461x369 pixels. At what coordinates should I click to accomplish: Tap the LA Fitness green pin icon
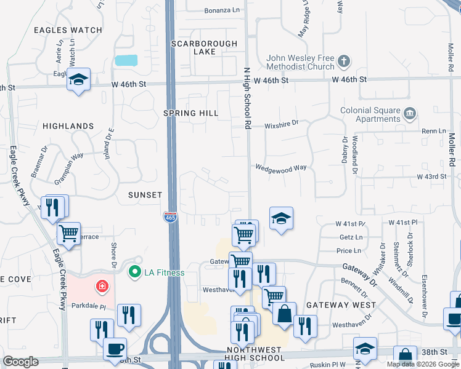tap(134, 271)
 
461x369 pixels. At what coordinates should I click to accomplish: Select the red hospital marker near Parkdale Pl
tap(101, 286)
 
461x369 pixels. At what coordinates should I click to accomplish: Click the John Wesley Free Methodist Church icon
tap(343, 61)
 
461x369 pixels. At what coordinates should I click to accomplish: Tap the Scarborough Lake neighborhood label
tap(203, 47)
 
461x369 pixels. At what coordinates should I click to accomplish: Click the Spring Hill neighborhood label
tap(191, 113)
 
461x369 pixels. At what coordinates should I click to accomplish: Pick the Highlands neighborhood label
tap(68, 126)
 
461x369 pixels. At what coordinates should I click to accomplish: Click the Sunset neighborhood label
tap(145, 195)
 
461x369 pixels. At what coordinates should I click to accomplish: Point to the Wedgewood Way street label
tap(281, 167)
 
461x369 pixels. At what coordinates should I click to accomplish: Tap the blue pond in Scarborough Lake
tap(126, 60)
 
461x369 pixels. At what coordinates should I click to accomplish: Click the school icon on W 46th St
tap(79, 79)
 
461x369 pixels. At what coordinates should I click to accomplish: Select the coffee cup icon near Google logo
tap(115, 348)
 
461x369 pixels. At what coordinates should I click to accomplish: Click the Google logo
tap(21, 362)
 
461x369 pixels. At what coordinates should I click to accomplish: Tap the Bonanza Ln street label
tap(221, 10)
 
